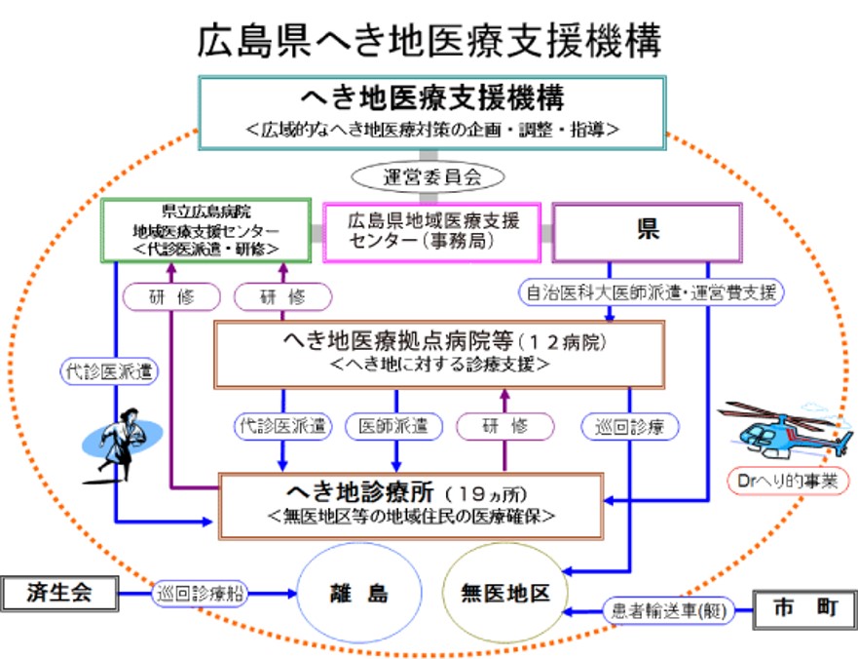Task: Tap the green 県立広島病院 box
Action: point(206,230)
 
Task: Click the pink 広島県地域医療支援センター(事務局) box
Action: point(433,231)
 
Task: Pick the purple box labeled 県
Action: point(647,231)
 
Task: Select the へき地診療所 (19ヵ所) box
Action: point(410,503)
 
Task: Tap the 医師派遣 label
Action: point(393,426)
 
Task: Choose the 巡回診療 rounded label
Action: point(629,426)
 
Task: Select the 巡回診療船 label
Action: point(202,592)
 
